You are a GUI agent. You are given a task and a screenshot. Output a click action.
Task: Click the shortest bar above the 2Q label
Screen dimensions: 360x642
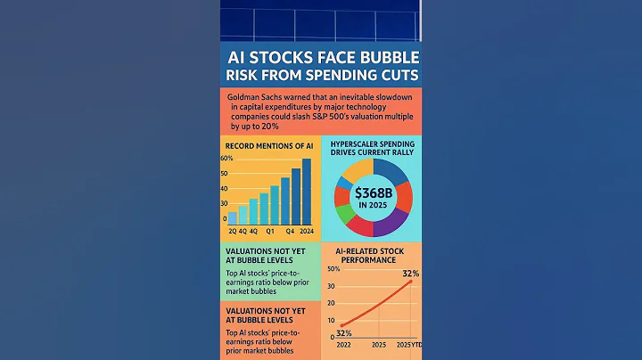click(233, 217)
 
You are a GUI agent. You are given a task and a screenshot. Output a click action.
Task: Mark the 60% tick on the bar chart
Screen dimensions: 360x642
click(226, 158)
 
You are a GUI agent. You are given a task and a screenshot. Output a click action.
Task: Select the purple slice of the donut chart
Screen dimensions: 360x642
click(389, 225)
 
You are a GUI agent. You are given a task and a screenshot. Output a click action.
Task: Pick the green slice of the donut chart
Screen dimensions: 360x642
click(346, 214)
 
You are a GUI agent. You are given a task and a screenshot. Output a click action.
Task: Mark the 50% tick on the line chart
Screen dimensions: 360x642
click(334, 269)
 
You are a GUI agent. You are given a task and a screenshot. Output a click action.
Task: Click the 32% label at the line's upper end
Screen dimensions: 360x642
click(411, 273)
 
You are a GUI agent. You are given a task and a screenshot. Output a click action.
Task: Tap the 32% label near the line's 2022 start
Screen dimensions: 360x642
click(343, 331)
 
